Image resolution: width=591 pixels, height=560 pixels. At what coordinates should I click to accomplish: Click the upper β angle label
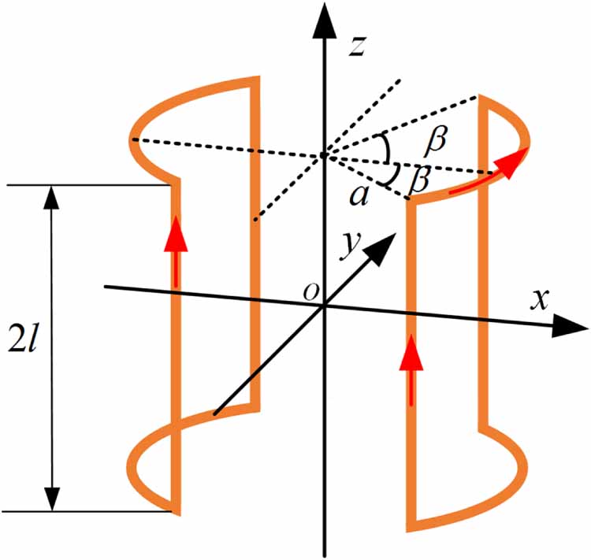[x=434, y=140]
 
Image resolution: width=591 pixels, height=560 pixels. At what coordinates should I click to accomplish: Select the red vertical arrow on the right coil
[x=410, y=374]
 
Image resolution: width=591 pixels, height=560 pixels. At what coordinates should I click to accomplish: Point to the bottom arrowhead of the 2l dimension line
[x=52, y=496]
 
